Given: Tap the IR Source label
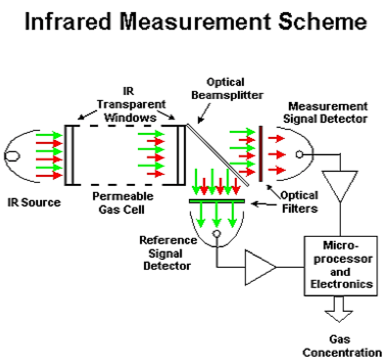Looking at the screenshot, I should pyautogui.click(x=34, y=202).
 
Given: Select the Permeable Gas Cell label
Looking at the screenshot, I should pyautogui.click(x=123, y=203).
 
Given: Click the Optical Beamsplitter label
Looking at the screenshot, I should pyautogui.click(x=227, y=89).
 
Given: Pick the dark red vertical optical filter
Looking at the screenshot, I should pyautogui.click(x=261, y=154).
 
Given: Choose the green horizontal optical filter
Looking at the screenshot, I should pyautogui.click(x=217, y=201).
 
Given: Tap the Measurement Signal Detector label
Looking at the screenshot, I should pyautogui.click(x=325, y=113).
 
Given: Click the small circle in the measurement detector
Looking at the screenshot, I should pyautogui.click(x=299, y=154).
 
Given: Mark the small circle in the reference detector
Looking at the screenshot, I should pyautogui.click(x=216, y=233).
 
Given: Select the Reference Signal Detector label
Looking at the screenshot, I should pyautogui.click(x=168, y=253).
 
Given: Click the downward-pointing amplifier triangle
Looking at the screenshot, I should pyautogui.click(x=340, y=183).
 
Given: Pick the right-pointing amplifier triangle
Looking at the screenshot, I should pyautogui.click(x=258, y=267).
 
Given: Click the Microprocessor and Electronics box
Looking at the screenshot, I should pyautogui.click(x=341, y=266).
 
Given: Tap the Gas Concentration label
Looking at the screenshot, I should pyautogui.click(x=342, y=346).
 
